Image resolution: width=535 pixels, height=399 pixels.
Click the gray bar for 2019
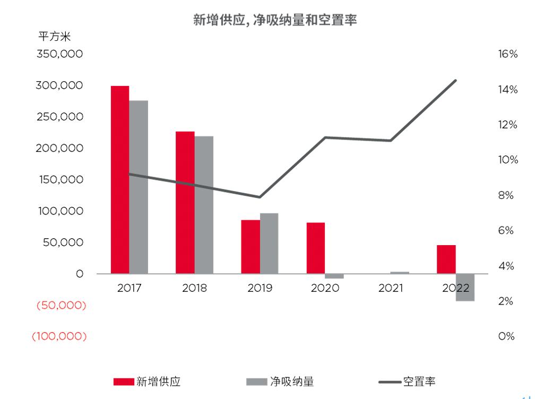point(269,243)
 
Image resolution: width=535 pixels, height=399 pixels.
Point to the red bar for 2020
point(315,248)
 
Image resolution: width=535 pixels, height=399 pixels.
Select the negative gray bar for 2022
point(465,287)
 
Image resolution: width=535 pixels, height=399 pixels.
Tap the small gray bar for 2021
point(400,273)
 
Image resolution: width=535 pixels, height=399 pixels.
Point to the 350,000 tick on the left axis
point(59,54)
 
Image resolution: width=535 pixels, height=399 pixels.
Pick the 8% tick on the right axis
point(506,196)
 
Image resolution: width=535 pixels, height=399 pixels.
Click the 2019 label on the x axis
point(260,289)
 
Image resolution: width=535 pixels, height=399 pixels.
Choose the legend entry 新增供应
point(150,381)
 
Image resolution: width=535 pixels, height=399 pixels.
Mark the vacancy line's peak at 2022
point(456,80)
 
